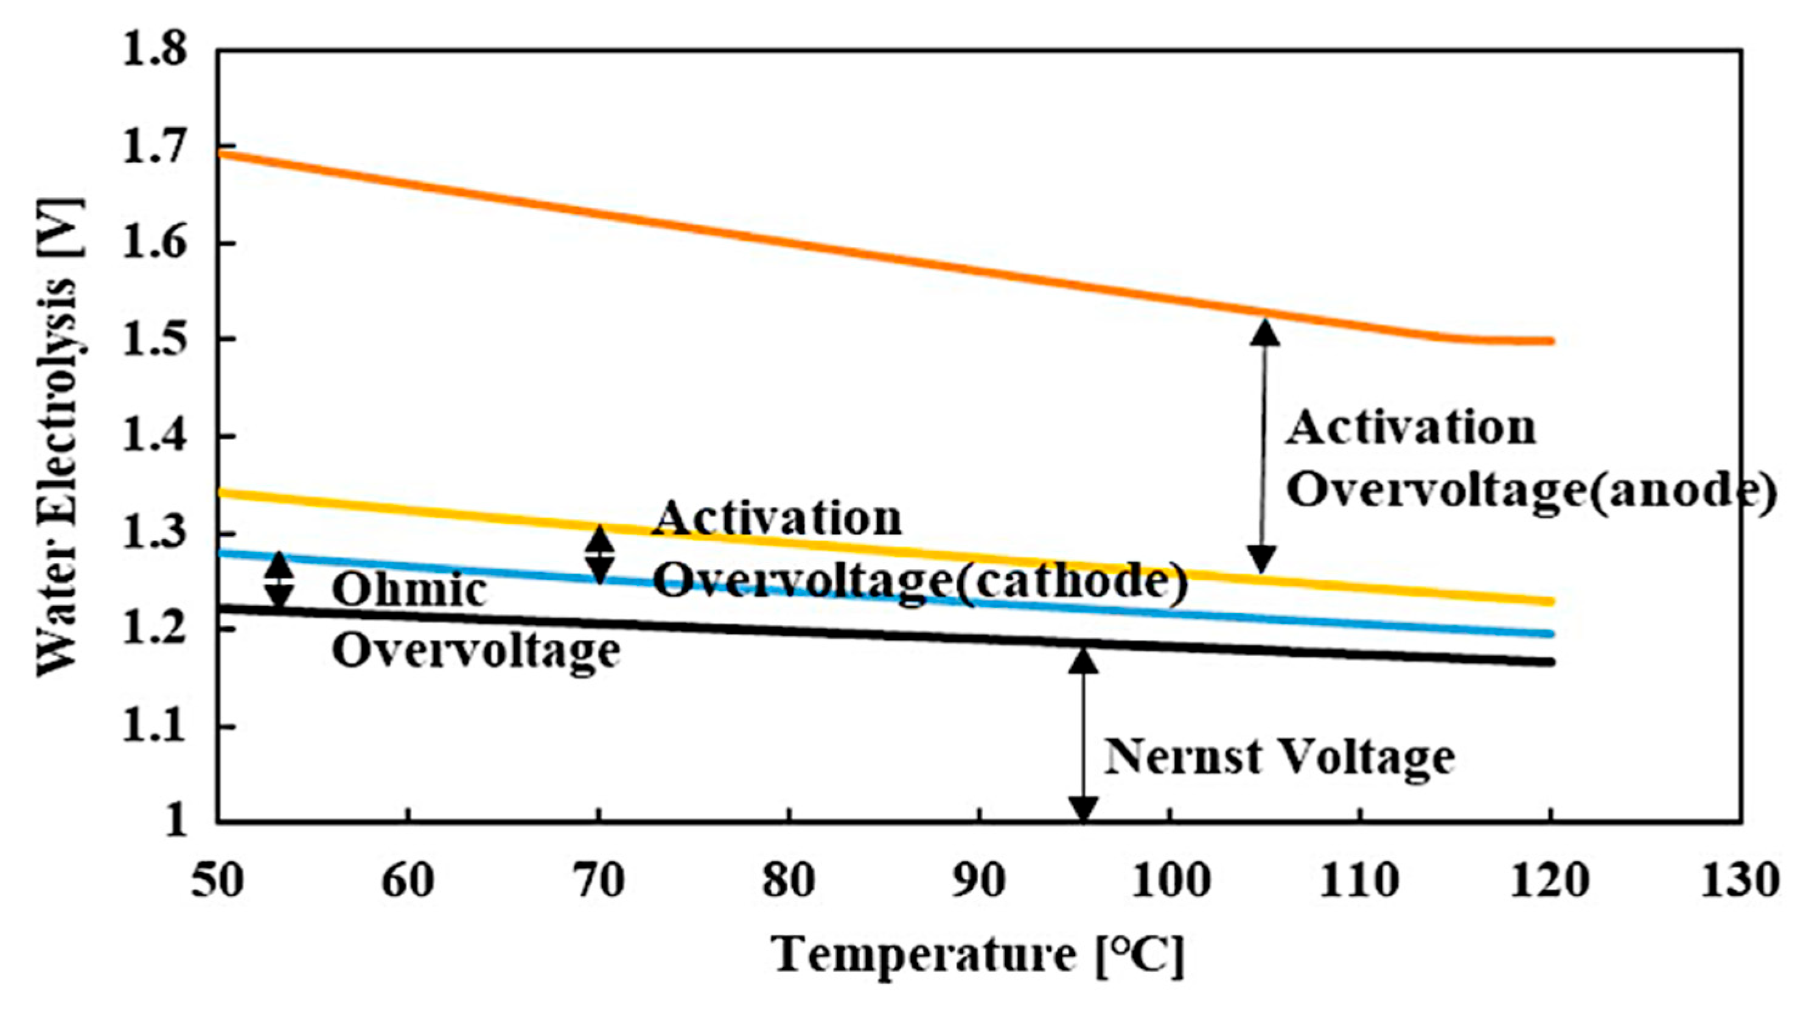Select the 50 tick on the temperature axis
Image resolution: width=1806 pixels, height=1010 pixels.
217,881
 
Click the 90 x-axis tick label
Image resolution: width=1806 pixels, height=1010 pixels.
980,881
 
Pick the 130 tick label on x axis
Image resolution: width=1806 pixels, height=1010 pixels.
1740,881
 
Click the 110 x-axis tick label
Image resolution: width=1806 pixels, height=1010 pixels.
1360,881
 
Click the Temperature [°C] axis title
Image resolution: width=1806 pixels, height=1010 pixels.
978,956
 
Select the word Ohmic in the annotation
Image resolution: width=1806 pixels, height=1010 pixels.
410,591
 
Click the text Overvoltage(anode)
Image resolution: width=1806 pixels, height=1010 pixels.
1532,490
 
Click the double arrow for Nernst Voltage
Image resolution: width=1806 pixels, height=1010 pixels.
1083,733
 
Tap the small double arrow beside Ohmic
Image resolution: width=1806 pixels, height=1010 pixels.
279,580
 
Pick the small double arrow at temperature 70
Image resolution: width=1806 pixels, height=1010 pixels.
599,554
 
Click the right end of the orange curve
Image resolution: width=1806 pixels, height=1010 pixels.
1551,342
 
